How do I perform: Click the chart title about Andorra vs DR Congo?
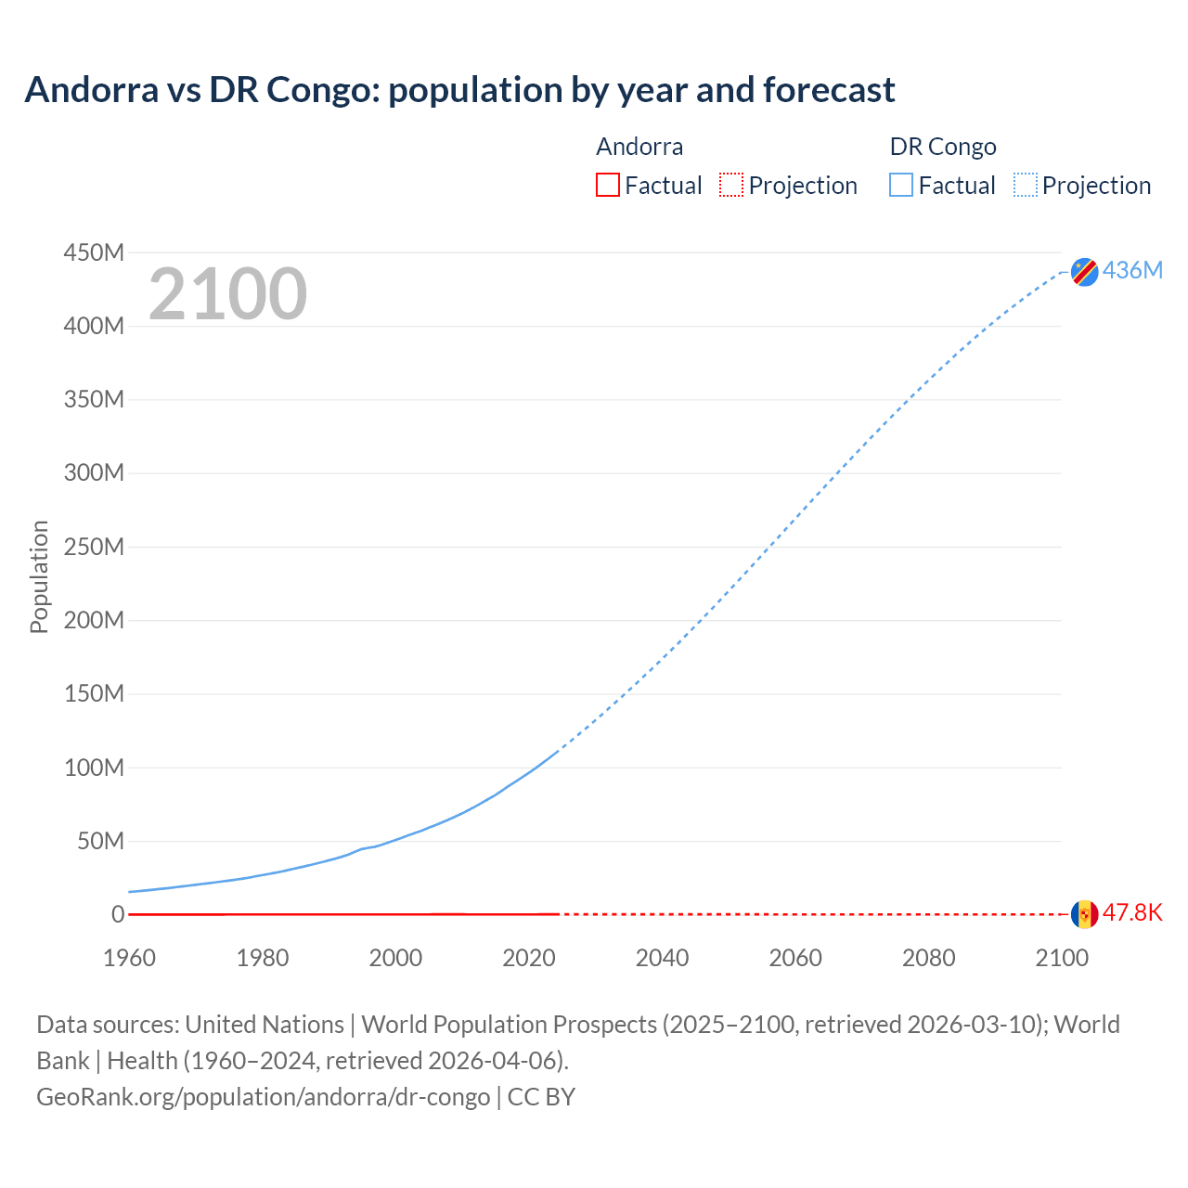click(459, 90)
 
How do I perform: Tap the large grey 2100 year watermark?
click(227, 294)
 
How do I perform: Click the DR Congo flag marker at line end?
click(1084, 271)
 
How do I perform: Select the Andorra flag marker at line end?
click(1084, 913)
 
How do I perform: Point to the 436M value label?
click(1132, 270)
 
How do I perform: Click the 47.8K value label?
click(1132, 912)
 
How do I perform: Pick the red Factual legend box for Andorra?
click(608, 186)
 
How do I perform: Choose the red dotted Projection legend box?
click(731, 186)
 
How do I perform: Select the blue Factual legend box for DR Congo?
click(901, 186)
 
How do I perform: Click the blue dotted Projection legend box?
click(1026, 186)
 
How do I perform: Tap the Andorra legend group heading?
click(639, 147)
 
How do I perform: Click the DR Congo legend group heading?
click(943, 147)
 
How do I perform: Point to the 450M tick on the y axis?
click(94, 252)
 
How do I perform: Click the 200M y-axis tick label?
click(94, 620)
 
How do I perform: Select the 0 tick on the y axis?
click(117, 914)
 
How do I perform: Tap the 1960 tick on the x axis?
click(129, 958)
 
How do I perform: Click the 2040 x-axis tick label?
click(662, 958)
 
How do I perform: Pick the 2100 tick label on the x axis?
click(1061, 958)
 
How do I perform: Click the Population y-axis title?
click(39, 576)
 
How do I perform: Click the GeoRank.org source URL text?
click(263, 1097)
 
